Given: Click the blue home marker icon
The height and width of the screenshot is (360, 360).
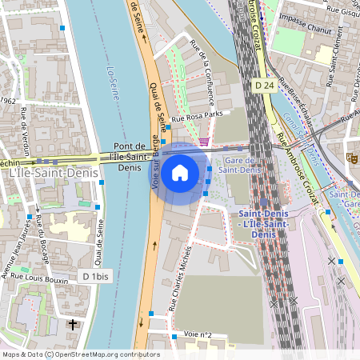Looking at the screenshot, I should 180,172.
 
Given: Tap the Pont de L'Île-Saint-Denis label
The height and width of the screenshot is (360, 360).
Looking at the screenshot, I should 129,156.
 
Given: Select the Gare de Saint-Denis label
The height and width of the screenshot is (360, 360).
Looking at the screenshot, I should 241,164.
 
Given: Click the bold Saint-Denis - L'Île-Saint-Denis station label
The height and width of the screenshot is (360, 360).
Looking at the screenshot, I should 263,223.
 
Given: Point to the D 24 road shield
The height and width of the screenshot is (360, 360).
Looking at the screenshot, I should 265,85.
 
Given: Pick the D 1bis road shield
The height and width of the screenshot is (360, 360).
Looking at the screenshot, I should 95,276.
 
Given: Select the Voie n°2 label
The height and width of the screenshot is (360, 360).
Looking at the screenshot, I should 197,334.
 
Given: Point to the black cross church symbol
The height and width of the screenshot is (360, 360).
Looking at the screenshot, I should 74,325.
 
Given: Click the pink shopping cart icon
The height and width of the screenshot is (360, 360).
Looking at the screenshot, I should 205,142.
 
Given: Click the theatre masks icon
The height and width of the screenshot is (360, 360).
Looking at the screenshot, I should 353,158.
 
